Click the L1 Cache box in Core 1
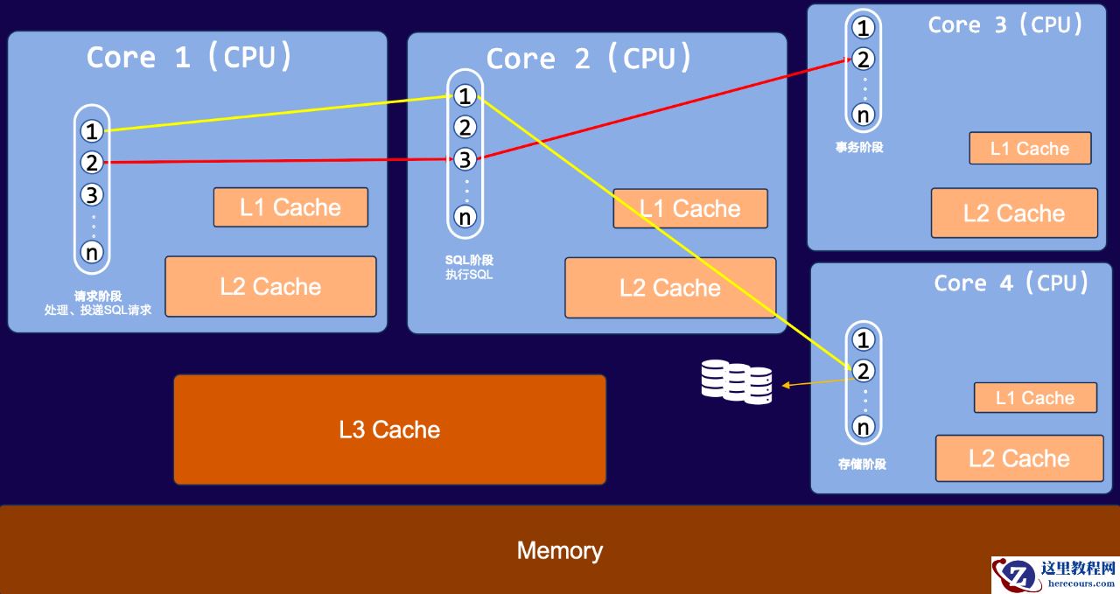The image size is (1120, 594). (x=290, y=207)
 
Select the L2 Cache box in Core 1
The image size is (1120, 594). (x=270, y=286)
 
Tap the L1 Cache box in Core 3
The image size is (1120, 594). (x=1030, y=149)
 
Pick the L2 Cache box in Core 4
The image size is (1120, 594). (x=1019, y=458)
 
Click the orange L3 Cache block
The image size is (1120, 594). (x=389, y=430)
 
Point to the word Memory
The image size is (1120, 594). (x=559, y=550)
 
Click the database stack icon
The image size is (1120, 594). (x=737, y=383)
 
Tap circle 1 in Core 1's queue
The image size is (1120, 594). (x=92, y=131)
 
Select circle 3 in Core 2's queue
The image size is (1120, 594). (x=465, y=159)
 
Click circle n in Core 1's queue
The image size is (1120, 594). (x=92, y=252)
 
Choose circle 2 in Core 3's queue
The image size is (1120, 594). (x=864, y=59)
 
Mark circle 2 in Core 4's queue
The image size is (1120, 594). (x=864, y=371)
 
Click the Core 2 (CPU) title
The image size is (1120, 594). (x=589, y=59)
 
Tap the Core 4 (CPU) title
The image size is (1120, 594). (x=1011, y=283)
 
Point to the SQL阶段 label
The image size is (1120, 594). (x=469, y=260)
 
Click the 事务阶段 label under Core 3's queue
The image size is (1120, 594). (x=859, y=147)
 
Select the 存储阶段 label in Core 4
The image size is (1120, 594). (x=862, y=464)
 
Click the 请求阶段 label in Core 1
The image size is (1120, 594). (x=98, y=296)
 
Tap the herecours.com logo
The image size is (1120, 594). (x=1054, y=575)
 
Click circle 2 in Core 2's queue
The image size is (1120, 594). (x=465, y=128)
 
